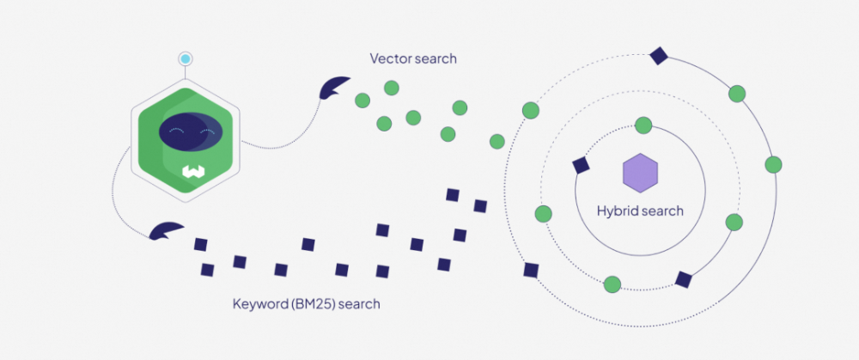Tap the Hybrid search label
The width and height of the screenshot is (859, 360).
point(640,211)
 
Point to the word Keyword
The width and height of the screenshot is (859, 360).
point(259,304)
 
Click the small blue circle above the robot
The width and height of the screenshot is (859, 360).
point(186,59)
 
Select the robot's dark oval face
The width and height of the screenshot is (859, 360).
point(192,131)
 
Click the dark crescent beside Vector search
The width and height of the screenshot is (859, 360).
point(333,87)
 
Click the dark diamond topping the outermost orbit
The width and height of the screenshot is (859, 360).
point(659,56)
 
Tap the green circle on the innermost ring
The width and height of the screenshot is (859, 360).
point(643,125)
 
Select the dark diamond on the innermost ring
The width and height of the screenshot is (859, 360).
point(581,166)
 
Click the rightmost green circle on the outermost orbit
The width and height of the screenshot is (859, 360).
point(773,164)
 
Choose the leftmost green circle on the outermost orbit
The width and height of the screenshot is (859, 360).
point(531,110)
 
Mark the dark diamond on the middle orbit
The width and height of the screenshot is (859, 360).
point(683,279)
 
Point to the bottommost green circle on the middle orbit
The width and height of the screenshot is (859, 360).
point(612,284)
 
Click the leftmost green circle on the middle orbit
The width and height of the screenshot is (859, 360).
point(543,213)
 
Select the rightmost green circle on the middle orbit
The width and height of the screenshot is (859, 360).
point(734,222)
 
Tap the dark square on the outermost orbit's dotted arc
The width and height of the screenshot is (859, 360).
point(531,271)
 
